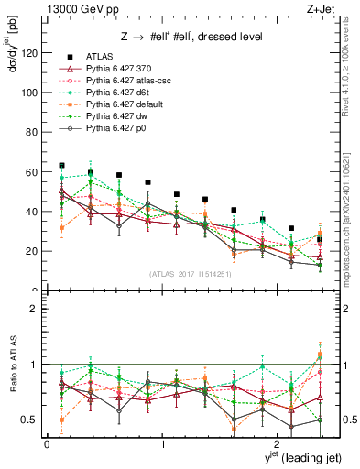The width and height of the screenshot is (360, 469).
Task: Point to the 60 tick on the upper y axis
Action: (x=35, y=172)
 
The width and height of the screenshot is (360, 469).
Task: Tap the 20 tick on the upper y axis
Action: (x=35, y=251)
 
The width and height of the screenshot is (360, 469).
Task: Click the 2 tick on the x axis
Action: (x=279, y=444)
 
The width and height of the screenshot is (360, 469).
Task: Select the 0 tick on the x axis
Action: (x=47, y=444)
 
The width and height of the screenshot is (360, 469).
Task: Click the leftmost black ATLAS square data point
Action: (x=61, y=166)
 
